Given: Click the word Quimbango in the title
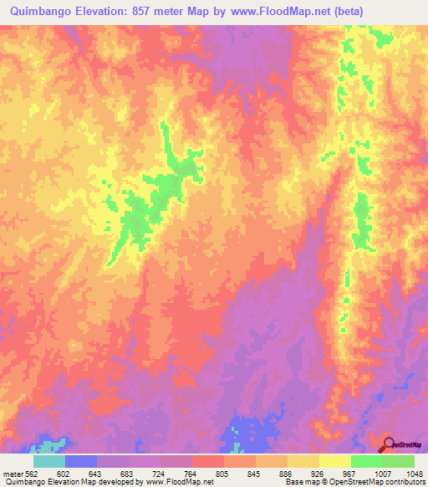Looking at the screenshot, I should coord(36,12).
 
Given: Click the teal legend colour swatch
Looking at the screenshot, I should coord(48,461).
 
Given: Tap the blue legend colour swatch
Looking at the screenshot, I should coord(80,461).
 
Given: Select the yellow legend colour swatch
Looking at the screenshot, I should coord(334,461).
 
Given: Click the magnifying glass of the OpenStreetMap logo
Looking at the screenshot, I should coord(389,443).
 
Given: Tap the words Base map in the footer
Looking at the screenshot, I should coord(298,482).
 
